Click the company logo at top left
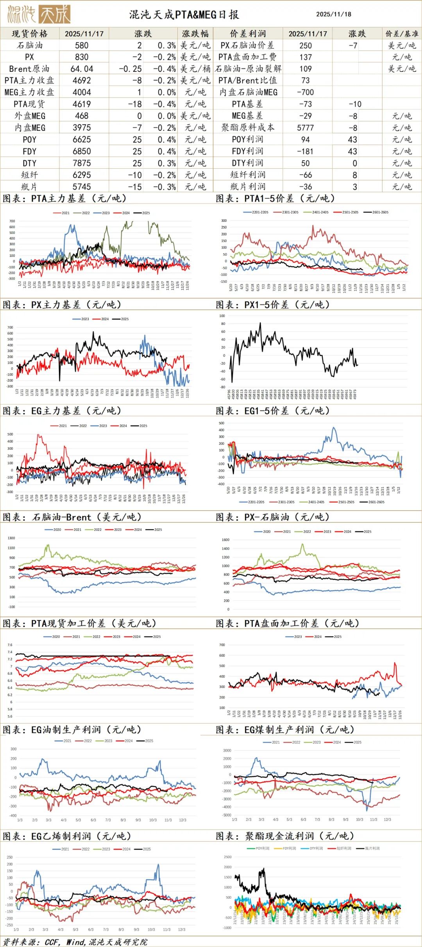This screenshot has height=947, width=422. [39, 14]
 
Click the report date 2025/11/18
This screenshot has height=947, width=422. [333, 14]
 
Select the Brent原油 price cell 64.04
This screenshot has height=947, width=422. [82, 69]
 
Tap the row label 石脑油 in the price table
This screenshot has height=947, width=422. [29, 45]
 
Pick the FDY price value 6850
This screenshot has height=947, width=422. [82, 151]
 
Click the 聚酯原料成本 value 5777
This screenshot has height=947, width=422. [305, 128]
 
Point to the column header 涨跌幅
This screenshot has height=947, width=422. [195, 34]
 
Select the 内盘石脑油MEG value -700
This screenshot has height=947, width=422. [305, 92]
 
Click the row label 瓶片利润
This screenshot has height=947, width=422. [247, 187]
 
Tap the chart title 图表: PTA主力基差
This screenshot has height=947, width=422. [64, 198]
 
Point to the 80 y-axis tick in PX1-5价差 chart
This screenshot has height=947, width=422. [222, 324]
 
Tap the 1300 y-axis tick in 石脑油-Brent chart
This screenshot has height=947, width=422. [11, 538]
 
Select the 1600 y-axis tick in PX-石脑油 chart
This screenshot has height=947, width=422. [225, 540]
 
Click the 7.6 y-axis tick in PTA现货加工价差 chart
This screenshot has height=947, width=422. [10, 645]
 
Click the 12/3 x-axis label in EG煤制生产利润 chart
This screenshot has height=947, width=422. [387, 819]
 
